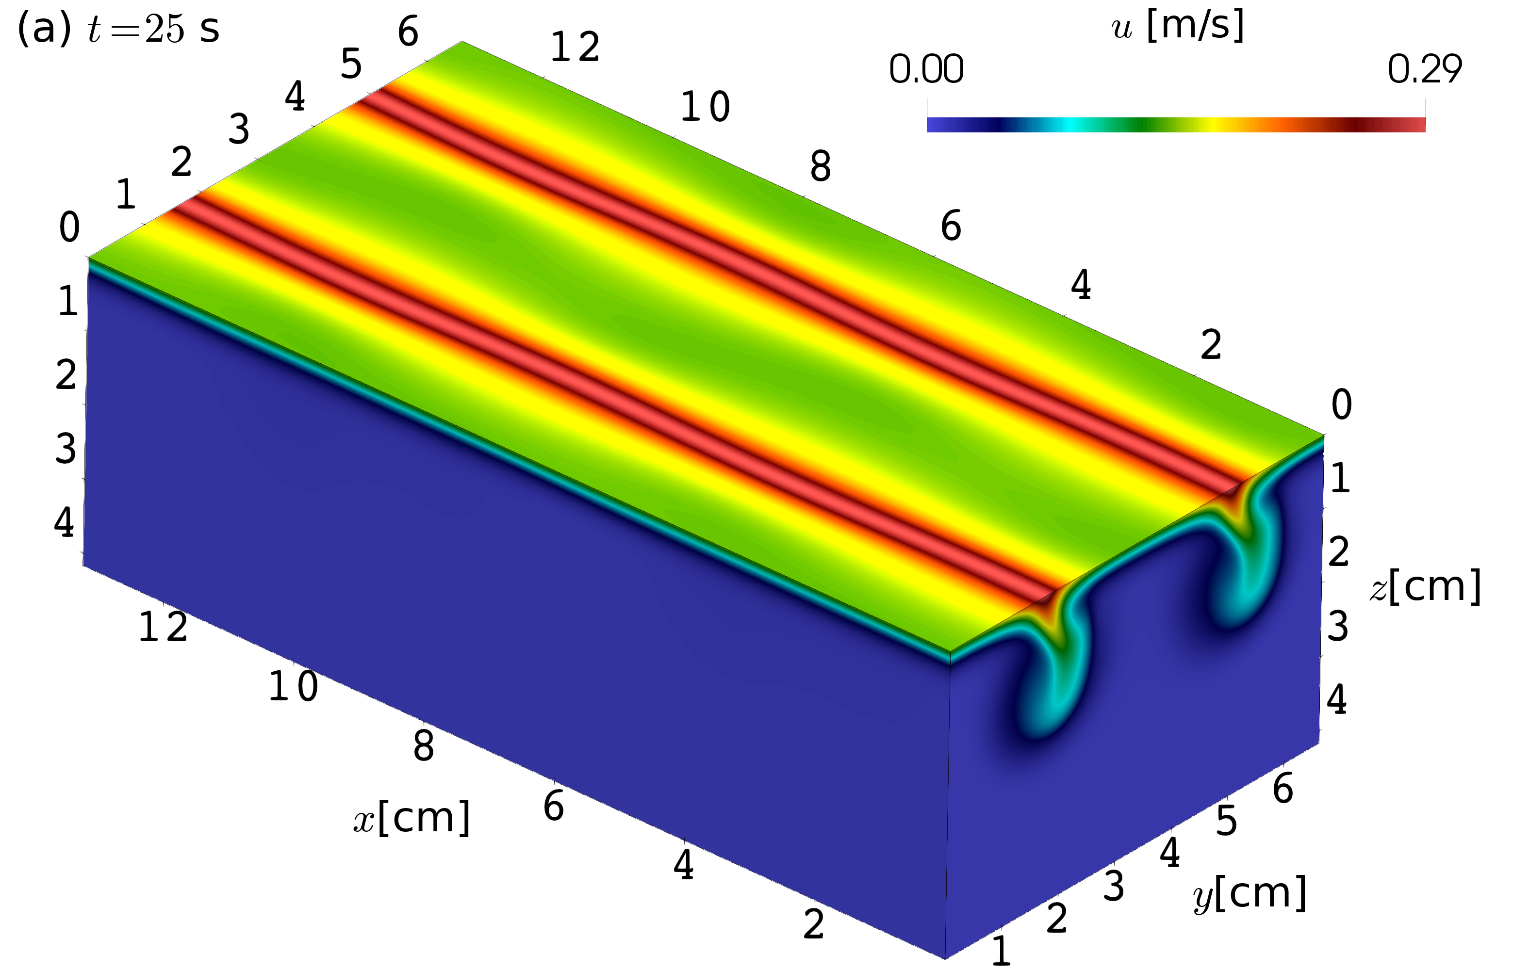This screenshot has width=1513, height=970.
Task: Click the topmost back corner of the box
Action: click(462, 42)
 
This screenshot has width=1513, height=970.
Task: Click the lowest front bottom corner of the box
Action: click(945, 958)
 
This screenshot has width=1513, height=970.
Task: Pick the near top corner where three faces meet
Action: click(950, 652)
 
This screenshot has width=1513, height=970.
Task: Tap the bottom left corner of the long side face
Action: click(84, 566)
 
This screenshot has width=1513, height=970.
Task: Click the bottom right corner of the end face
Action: click(1318, 743)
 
